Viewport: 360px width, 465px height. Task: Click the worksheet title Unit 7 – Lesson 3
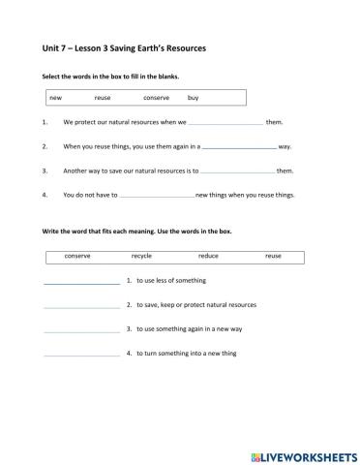click(x=125, y=47)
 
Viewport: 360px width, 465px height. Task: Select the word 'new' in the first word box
click(x=55, y=98)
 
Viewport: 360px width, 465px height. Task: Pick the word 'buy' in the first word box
click(x=194, y=98)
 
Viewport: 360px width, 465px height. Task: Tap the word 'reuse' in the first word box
click(x=103, y=98)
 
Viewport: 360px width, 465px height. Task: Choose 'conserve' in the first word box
click(x=156, y=98)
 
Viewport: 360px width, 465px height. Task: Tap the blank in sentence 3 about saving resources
click(x=238, y=170)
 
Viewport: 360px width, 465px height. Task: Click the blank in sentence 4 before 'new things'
click(x=156, y=195)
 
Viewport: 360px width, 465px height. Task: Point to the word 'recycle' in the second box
click(x=141, y=256)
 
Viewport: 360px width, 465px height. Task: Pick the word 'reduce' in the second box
click(x=208, y=256)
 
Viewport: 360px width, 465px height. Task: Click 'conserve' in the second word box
click(x=77, y=256)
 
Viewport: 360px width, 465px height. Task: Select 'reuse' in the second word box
click(x=273, y=256)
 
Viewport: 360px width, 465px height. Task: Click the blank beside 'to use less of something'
click(x=81, y=281)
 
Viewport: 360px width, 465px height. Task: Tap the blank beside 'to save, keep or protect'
click(x=81, y=305)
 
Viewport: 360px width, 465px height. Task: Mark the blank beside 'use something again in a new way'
click(x=81, y=329)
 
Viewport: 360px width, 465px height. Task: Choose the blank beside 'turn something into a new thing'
click(x=81, y=354)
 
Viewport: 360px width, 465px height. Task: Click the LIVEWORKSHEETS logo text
click(x=302, y=452)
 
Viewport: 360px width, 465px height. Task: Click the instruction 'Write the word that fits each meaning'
click(x=136, y=232)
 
